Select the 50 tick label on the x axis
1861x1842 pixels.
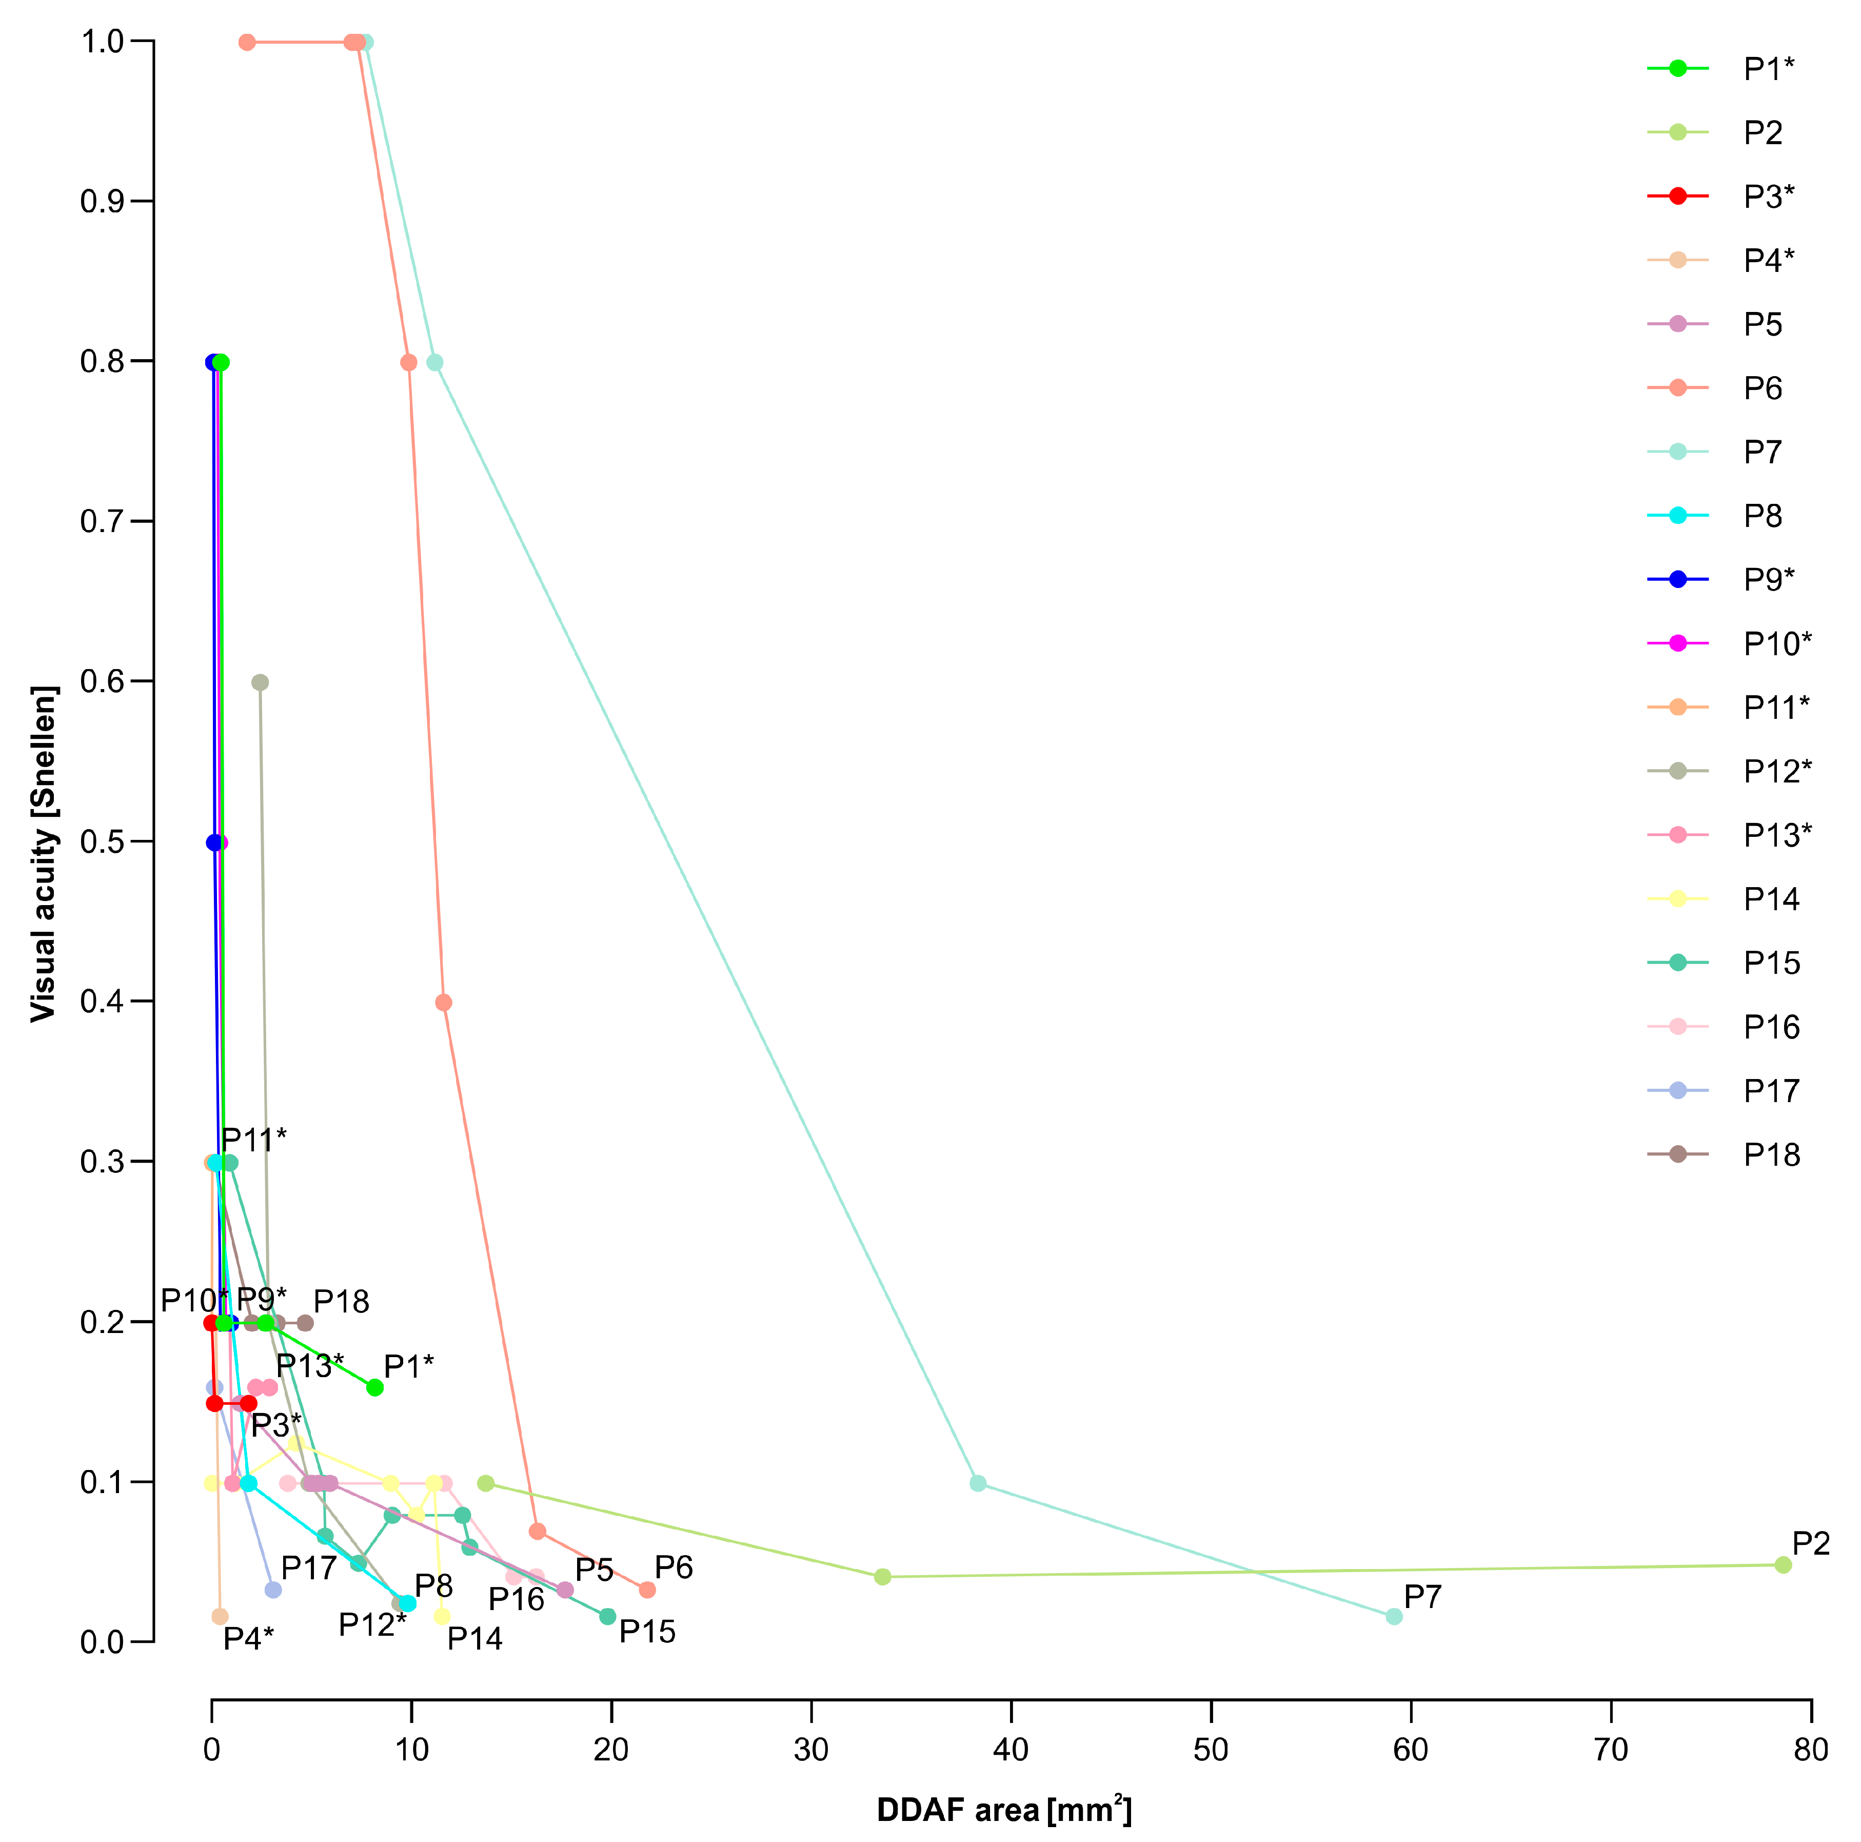point(1210,1749)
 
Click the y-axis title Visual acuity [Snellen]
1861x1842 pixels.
point(44,854)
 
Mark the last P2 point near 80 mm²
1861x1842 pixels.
point(1783,1565)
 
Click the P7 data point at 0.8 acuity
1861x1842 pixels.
point(434,362)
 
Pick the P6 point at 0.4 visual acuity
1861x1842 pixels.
point(443,1003)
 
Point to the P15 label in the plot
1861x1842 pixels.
point(647,1632)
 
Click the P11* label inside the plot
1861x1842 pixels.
point(254,1140)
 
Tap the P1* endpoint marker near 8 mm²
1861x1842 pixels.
point(374,1387)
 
